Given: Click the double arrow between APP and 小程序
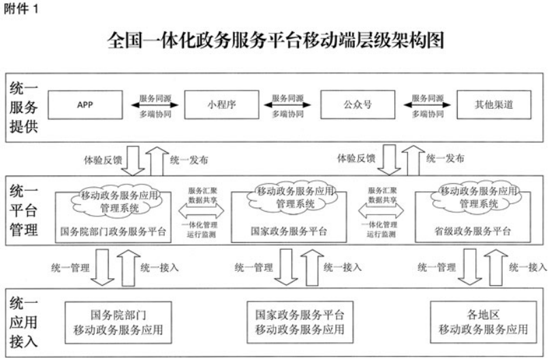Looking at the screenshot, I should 155,105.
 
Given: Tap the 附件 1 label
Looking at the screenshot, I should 21,10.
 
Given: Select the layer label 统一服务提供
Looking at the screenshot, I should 25,109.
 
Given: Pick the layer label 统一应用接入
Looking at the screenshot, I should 25,320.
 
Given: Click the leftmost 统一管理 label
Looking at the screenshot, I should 70,267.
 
